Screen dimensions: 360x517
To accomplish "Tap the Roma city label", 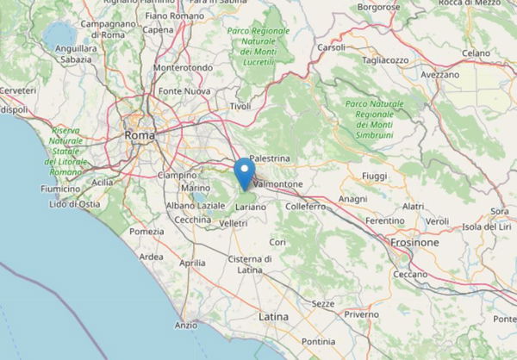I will tap(139, 135).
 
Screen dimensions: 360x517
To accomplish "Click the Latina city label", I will tap(273, 317).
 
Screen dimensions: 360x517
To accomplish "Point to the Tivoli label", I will tap(239, 107).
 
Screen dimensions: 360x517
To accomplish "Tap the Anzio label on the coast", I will tap(185, 325).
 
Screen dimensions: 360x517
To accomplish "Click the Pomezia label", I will tap(146, 231).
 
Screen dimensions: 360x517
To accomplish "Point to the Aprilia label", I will tap(191, 263).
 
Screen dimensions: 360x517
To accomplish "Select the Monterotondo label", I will tap(182, 67).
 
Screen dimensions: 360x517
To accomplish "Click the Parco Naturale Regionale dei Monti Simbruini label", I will tap(373, 115).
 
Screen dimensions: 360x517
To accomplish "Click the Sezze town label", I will tap(322, 304).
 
